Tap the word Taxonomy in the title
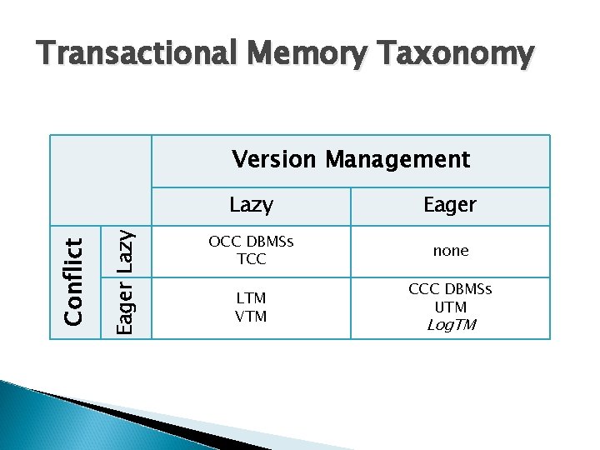click(453, 55)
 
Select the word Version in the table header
click(275, 159)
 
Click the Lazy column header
click(250, 204)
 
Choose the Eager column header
click(450, 205)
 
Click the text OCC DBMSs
click(250, 242)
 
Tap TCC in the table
click(251, 258)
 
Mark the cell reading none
click(451, 251)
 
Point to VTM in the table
click(251, 317)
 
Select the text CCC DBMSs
click(451, 290)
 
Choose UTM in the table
click(451, 307)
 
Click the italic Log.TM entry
click(451, 325)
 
